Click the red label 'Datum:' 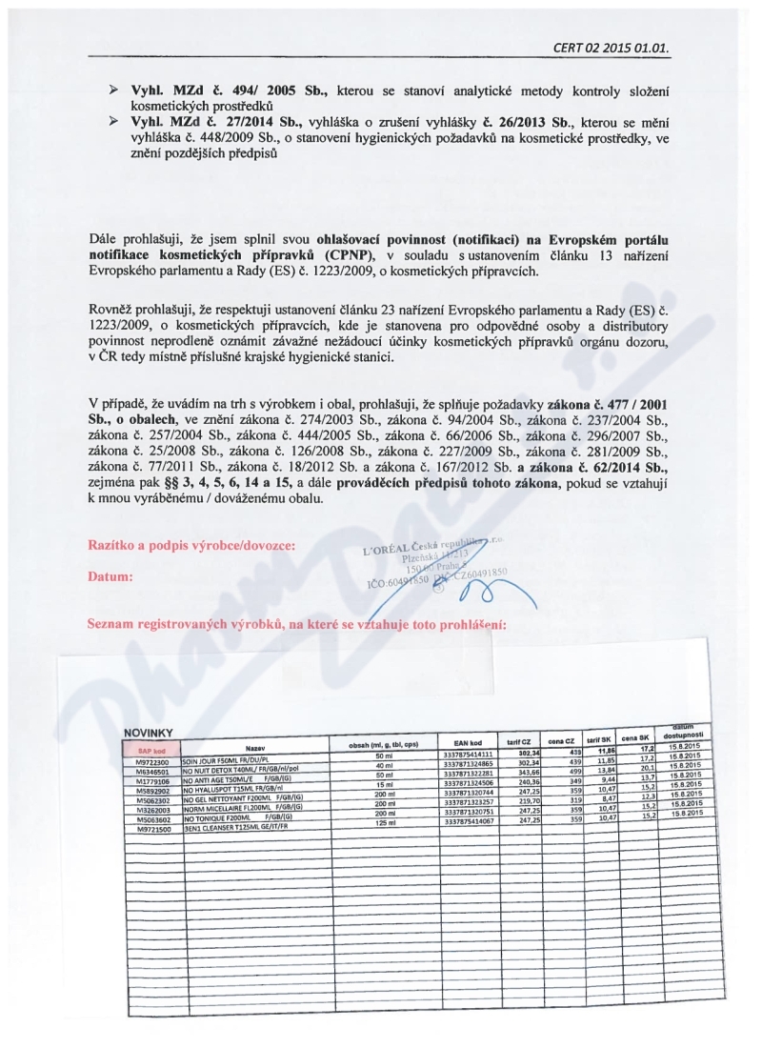[x=112, y=576]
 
